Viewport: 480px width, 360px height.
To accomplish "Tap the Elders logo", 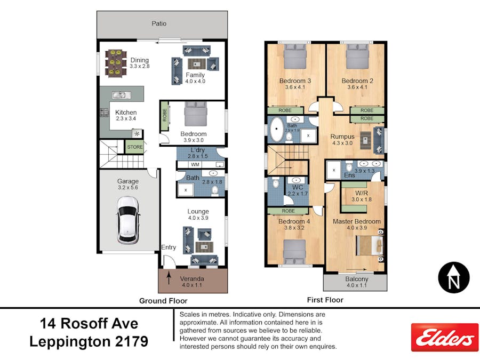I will [x=444, y=337].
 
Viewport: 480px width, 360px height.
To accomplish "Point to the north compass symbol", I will [x=453, y=278].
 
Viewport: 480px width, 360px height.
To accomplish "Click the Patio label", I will [x=159, y=23].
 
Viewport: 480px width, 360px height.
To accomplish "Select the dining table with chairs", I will [x=114, y=63].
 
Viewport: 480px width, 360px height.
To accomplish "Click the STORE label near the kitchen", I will [x=134, y=147].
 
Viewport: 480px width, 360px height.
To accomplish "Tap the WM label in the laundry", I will [x=188, y=165].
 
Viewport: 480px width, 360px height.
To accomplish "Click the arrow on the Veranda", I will [x=169, y=278].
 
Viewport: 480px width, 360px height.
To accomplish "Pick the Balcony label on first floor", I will [x=356, y=279].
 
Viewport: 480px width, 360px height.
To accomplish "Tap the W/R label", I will [x=361, y=192].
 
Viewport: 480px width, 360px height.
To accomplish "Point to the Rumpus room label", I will [x=342, y=137].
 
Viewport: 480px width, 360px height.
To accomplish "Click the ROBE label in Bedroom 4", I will [x=287, y=211].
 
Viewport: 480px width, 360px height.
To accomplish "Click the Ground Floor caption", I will [x=163, y=301].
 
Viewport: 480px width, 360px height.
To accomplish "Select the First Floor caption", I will [x=325, y=300].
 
